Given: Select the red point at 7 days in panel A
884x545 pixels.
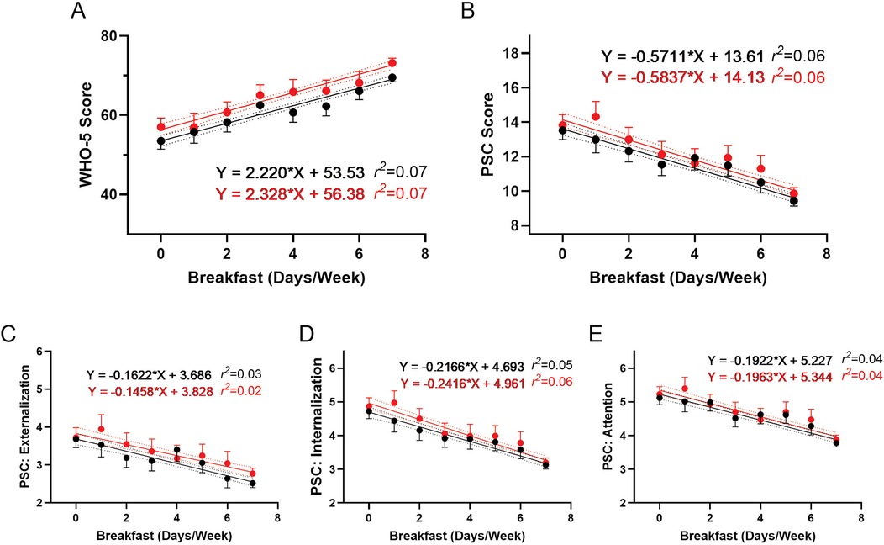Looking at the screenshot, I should (392, 63).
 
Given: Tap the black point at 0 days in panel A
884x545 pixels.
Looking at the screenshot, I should (160, 140).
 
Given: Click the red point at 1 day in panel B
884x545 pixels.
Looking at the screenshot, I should (596, 117).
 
